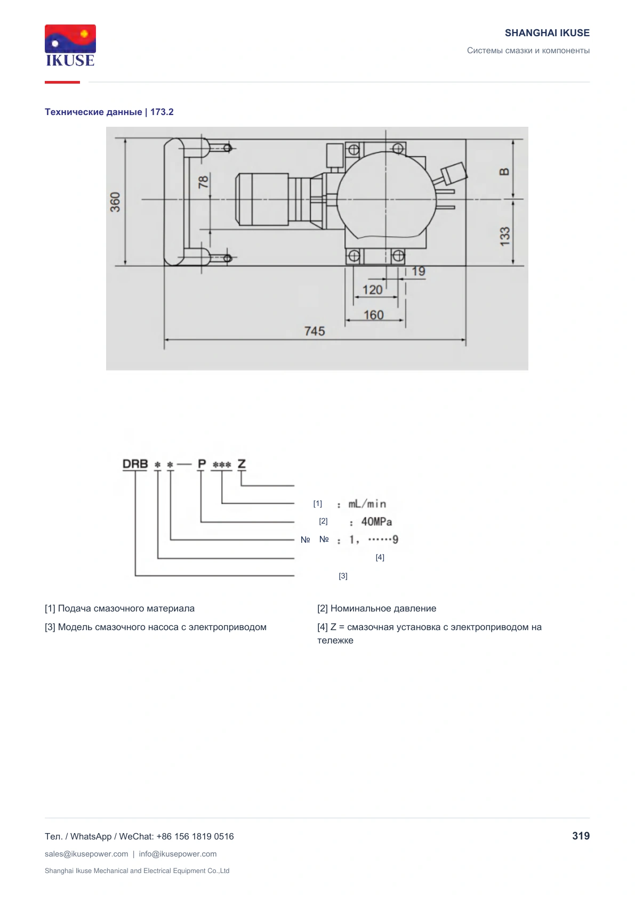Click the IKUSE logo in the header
70,45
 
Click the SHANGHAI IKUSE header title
547,33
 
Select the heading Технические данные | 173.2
109,112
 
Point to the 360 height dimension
115,202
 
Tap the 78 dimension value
203,182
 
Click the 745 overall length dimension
314,331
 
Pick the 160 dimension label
373,315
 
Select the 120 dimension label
372,290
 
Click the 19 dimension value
418,272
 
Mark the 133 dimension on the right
505,237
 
